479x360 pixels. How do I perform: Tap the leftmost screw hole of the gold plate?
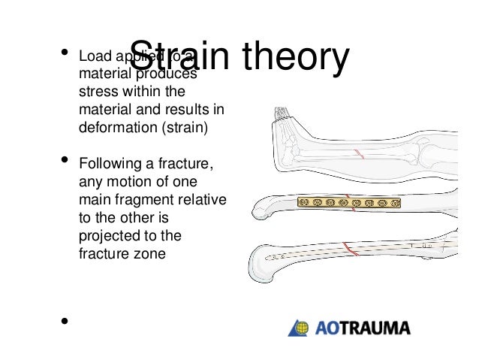pos(304,203)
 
